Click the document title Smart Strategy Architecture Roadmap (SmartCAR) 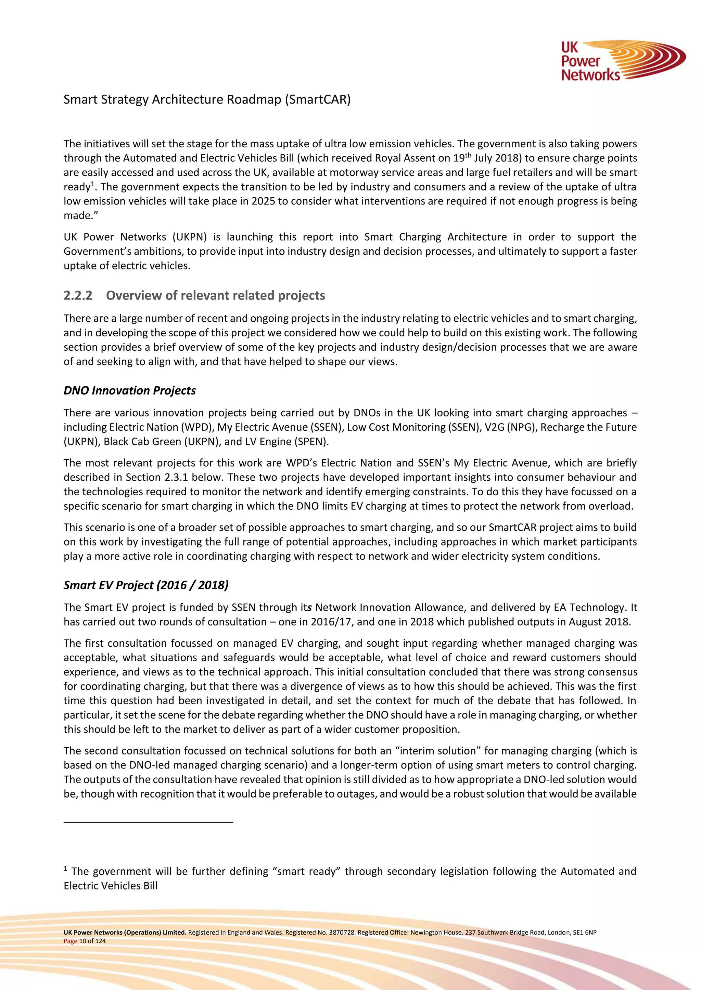(207, 99)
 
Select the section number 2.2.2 (78, 295)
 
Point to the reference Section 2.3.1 (157, 477)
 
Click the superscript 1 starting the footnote (66, 868)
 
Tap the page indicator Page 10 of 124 (85, 941)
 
